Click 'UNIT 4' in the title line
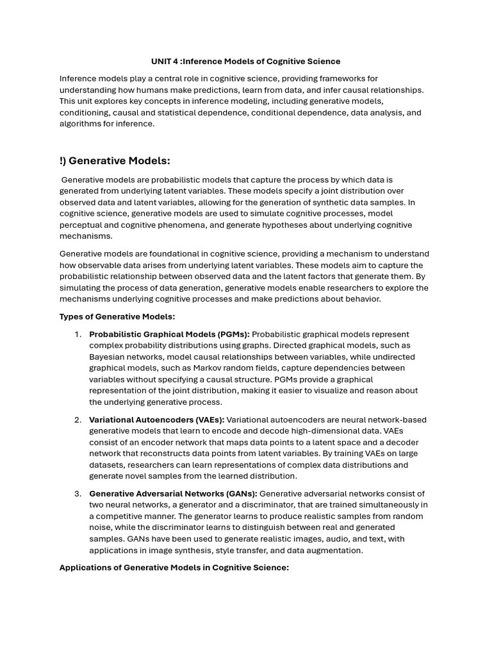coord(165,62)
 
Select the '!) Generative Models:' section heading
coord(115,160)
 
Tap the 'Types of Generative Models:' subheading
coord(117,316)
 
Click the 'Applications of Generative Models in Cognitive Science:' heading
coord(174,567)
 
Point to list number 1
coord(78,334)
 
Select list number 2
coord(78,420)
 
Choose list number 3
coord(78,493)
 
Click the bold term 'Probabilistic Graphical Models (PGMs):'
coord(170,334)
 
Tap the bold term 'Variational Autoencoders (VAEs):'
coord(156,420)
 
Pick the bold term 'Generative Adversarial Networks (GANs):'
coord(173,493)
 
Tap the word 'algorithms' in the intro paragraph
coord(80,124)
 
